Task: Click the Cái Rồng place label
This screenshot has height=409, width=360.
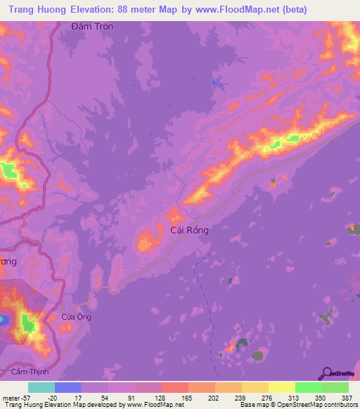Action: (189, 229)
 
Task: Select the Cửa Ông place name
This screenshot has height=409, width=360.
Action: (77, 317)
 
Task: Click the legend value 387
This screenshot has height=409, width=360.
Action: (347, 397)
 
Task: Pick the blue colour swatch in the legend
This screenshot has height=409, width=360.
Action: (68, 387)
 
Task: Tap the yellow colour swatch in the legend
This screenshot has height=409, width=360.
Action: (282, 387)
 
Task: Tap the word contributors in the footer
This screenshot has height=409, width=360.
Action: (338, 405)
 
